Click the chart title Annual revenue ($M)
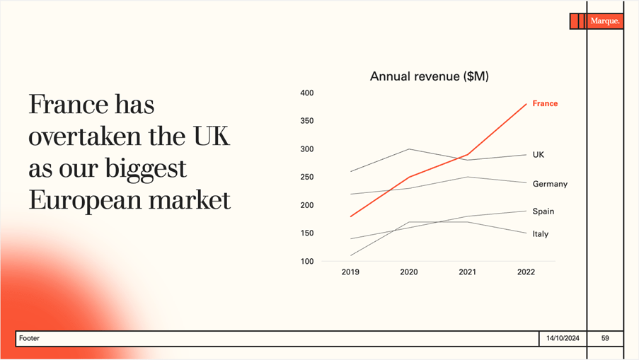pyautogui.click(x=429, y=76)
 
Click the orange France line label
pyautogui.click(x=545, y=103)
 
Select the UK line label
pyautogui.click(x=539, y=154)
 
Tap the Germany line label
pyautogui.click(x=550, y=184)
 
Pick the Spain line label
pyautogui.click(x=543, y=211)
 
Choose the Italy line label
pyautogui.click(x=541, y=234)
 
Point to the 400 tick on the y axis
pyautogui.click(x=306, y=93)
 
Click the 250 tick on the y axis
pyautogui.click(x=306, y=178)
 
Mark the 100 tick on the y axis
pyautogui.click(x=306, y=262)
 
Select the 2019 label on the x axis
pyautogui.click(x=350, y=272)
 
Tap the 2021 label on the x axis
pyautogui.click(x=468, y=272)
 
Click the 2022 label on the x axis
pyautogui.click(x=526, y=272)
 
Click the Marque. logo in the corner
pyautogui.click(x=604, y=21)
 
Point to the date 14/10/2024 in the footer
pyautogui.click(x=563, y=339)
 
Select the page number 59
pyautogui.click(x=605, y=339)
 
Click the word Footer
pyautogui.click(x=30, y=339)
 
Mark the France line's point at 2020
pyautogui.click(x=409, y=177)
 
